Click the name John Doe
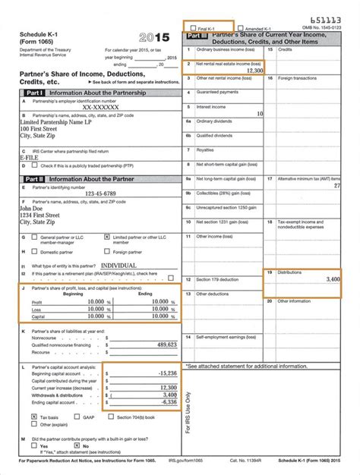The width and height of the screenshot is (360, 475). (34, 208)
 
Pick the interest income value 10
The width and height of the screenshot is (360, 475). (260, 113)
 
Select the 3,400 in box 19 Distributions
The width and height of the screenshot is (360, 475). (332, 279)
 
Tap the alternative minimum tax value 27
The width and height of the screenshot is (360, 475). (336, 185)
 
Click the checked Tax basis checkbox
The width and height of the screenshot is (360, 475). (34, 417)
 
